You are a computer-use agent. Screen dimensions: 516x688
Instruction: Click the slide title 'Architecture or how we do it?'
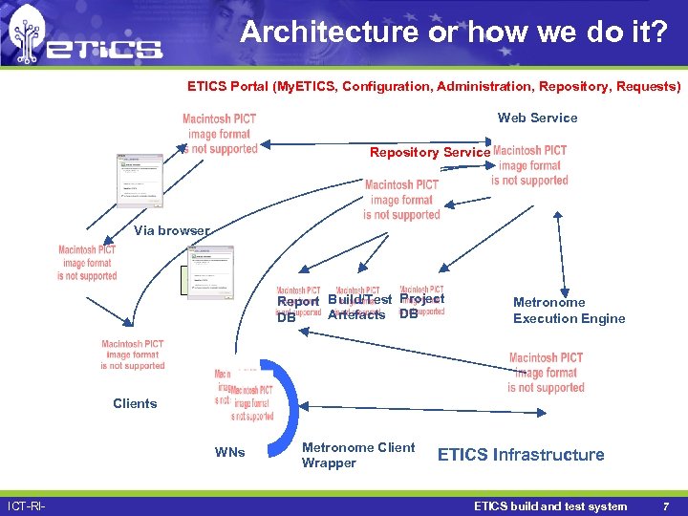(454, 32)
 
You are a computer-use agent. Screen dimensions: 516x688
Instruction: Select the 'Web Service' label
(537, 118)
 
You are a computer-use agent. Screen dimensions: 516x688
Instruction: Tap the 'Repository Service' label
(430, 153)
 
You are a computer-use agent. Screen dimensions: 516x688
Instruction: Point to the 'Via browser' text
(171, 230)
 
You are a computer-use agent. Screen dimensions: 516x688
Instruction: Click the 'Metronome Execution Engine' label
(569, 311)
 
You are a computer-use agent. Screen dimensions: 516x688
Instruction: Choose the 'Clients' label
(135, 403)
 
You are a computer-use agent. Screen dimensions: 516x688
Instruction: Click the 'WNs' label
(229, 452)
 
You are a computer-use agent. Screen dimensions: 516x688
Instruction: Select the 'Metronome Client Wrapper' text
(357, 455)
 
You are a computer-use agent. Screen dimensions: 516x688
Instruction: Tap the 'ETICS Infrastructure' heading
(521, 455)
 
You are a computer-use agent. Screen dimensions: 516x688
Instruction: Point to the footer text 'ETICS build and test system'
(550, 506)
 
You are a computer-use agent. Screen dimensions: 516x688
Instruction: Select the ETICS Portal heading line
(434, 87)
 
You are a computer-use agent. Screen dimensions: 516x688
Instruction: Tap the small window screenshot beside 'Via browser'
(210, 272)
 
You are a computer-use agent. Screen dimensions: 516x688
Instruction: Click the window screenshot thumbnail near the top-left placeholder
(139, 180)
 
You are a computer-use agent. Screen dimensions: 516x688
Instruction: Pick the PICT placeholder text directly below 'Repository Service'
(401, 200)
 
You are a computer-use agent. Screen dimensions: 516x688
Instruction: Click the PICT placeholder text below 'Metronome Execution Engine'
(546, 373)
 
